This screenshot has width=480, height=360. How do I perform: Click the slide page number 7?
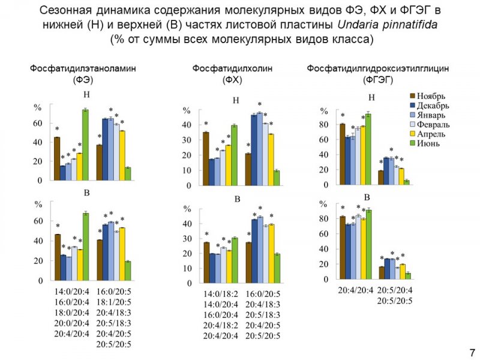472,352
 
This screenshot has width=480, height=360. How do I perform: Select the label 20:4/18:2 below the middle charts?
221,326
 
